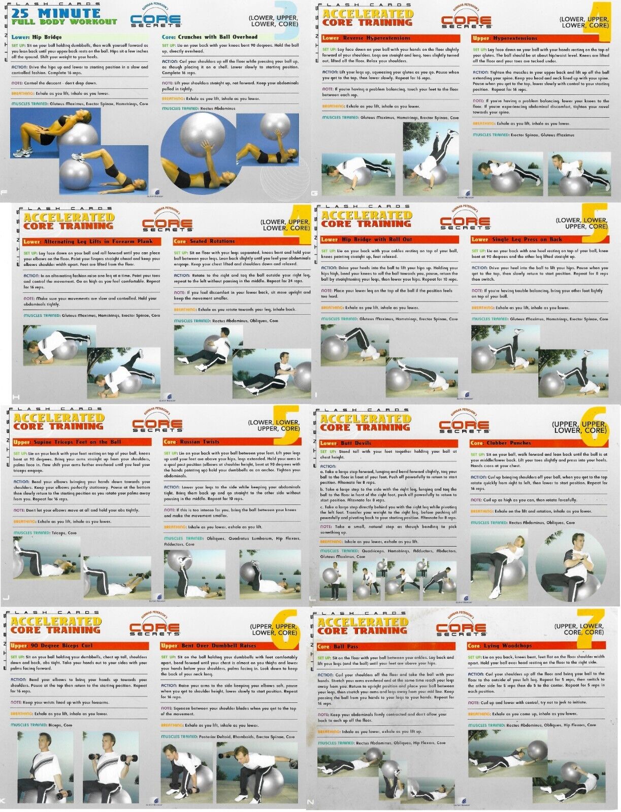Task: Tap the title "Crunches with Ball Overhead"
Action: click(x=217, y=37)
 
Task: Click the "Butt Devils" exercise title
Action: click(x=357, y=443)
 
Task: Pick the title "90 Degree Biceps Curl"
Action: click(x=66, y=646)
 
